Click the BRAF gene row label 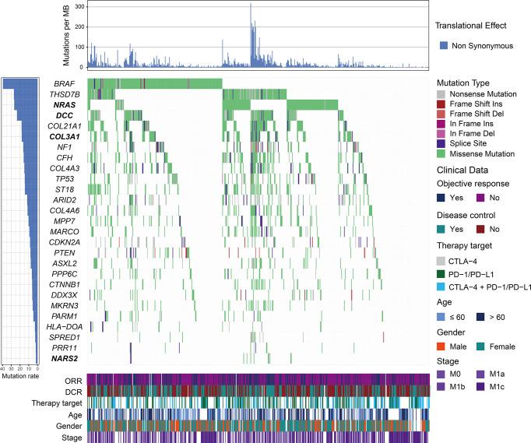pyautogui.click(x=65, y=83)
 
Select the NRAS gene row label pyautogui.click(x=64, y=104)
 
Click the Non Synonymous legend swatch pyautogui.click(x=442, y=46)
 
